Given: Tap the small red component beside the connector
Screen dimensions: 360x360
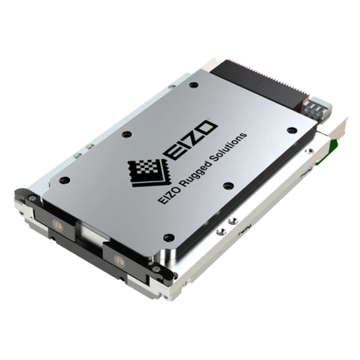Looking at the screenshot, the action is pos(305,103).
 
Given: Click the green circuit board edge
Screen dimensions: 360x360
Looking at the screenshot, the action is pos(328,151).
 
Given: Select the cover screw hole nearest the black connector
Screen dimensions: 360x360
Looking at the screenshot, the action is pos(192,85).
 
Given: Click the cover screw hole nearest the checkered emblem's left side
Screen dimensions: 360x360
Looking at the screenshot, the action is pos(125,133).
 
